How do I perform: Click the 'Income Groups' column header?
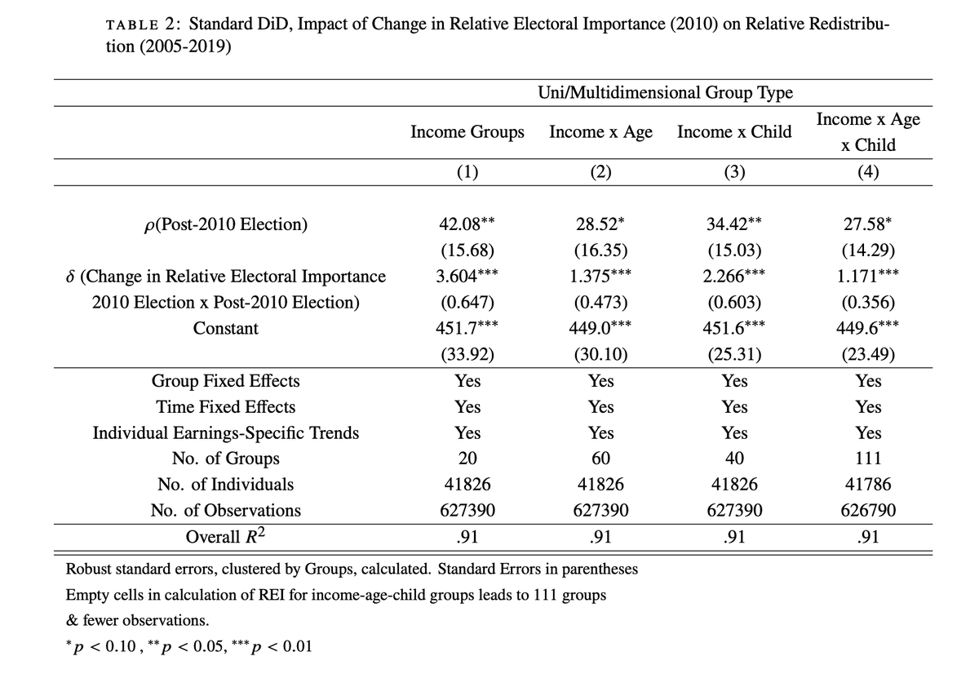click(x=467, y=131)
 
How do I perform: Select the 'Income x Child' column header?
click(x=734, y=131)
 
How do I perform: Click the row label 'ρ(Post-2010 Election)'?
click(x=225, y=224)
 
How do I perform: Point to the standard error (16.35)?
click(x=600, y=251)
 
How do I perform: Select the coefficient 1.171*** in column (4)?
click(x=868, y=276)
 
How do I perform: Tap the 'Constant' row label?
click(x=225, y=328)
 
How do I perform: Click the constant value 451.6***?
click(x=734, y=328)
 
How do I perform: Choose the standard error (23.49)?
click(x=868, y=354)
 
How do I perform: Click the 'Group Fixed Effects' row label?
click(x=225, y=381)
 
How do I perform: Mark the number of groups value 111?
click(x=868, y=458)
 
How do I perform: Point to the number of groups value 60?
click(x=600, y=458)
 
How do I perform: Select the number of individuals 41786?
click(x=868, y=484)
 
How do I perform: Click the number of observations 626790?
click(x=868, y=510)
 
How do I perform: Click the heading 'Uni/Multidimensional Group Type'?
click(x=665, y=92)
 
